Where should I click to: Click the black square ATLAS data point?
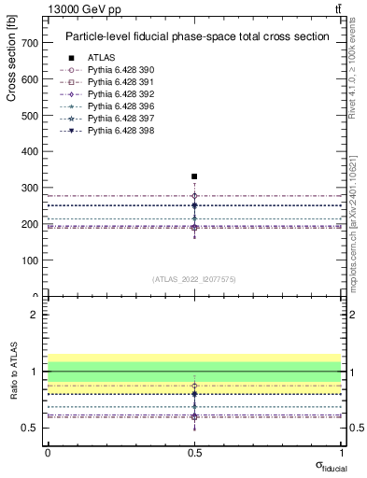[x=194, y=176]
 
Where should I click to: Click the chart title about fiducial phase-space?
[x=196, y=37]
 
